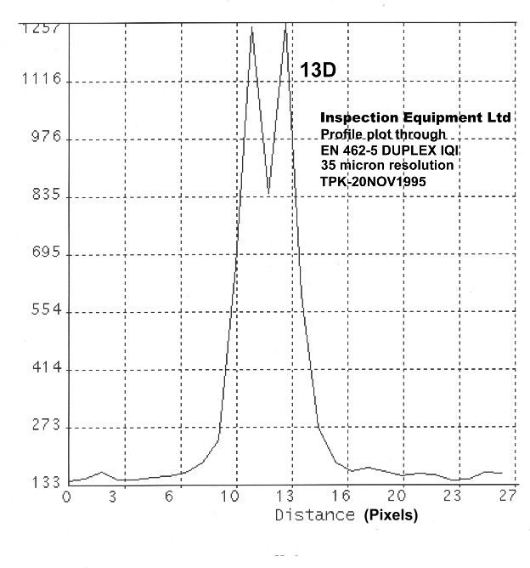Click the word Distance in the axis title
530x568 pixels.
314,514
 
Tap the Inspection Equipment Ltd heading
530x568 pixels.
415,117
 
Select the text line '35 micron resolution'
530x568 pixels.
386,164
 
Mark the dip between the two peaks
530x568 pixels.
268,192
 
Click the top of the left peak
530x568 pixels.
251,28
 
